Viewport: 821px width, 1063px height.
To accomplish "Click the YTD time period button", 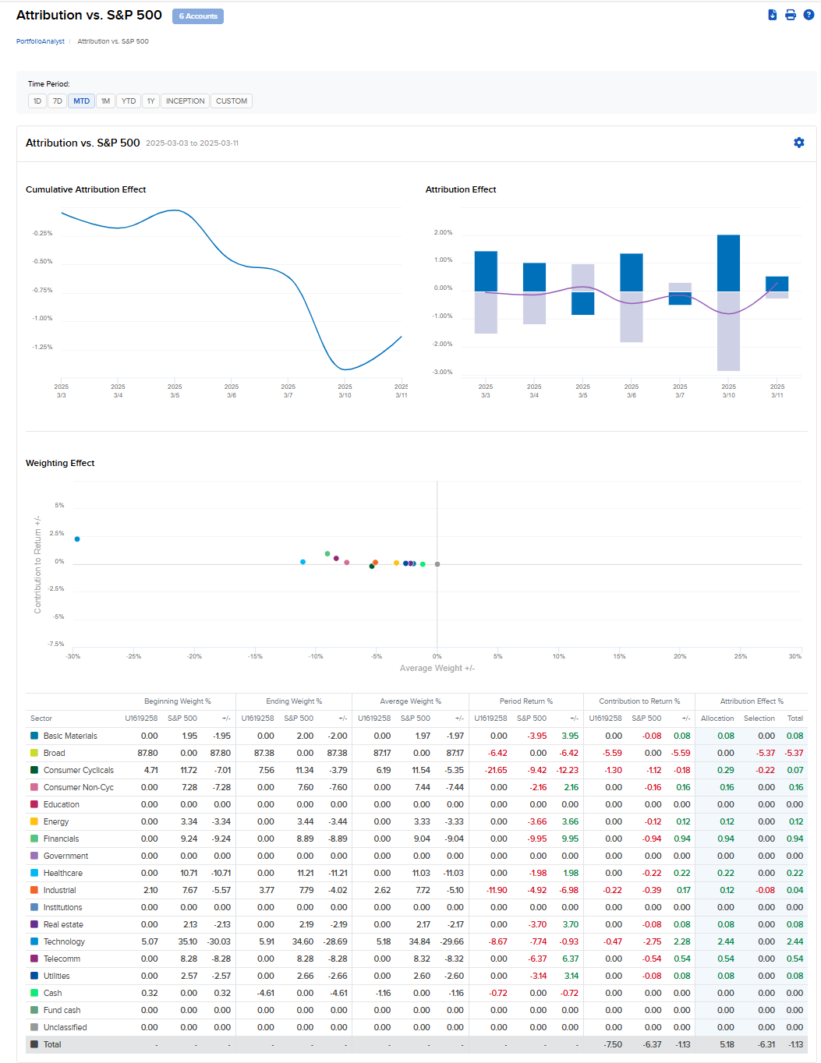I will coord(129,101).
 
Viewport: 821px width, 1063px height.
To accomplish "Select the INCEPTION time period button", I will coord(185,101).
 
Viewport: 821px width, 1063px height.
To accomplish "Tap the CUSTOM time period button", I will coord(232,101).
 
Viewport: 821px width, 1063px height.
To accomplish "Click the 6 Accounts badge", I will coord(198,16).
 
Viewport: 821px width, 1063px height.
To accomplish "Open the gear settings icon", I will coord(799,143).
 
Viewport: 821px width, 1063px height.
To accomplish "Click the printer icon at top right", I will coord(791,15).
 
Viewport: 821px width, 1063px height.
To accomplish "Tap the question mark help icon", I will coord(809,15).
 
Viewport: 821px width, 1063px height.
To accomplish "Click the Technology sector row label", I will coord(64,941).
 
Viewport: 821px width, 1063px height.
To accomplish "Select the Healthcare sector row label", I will coord(63,873).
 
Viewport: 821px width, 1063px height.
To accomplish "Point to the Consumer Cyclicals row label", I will coord(79,770).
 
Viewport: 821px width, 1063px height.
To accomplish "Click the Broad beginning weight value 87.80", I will coord(147,753).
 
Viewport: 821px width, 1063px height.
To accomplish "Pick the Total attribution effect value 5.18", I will coord(727,1044).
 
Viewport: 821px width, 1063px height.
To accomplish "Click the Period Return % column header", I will coord(526,701).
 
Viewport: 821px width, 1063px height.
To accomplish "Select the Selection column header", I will coord(759,719).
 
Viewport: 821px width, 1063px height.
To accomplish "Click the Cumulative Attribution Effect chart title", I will coord(86,189).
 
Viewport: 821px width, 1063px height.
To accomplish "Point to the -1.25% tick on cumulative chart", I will coord(43,347).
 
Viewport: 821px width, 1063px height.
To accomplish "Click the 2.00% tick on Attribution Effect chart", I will coord(443,232).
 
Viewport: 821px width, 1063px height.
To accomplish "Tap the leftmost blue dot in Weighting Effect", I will coord(77,539).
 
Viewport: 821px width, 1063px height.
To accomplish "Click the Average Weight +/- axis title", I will coord(437,668).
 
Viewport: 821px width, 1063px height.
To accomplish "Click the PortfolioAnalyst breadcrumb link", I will coord(41,41).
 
